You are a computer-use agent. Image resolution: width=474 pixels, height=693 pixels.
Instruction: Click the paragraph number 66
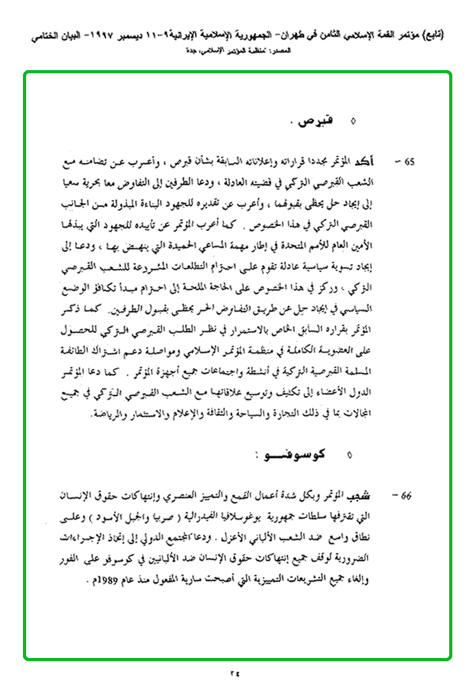tap(405, 495)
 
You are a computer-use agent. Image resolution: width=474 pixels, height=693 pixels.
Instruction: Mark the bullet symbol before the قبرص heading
tap(354, 120)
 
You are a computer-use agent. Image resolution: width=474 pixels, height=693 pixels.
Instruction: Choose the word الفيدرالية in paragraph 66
tap(212, 511)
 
